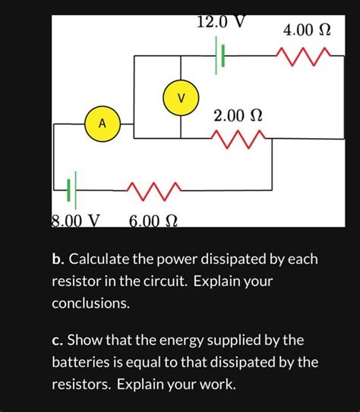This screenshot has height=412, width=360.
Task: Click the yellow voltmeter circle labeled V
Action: pyautogui.click(x=180, y=99)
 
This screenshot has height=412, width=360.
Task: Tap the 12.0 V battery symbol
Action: pyautogui.click(x=221, y=57)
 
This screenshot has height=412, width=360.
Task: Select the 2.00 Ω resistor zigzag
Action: pyautogui.click(x=238, y=138)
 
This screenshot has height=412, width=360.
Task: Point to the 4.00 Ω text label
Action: pyautogui.click(x=307, y=31)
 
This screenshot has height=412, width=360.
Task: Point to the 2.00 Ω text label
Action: pyautogui.click(x=238, y=116)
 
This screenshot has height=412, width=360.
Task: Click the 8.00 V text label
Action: pyautogui.click(x=75, y=221)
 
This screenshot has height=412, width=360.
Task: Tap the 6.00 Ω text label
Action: pyautogui.click(x=153, y=221)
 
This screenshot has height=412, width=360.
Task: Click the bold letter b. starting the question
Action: pyautogui.click(x=58, y=260)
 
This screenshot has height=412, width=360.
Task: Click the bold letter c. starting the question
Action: pyautogui.click(x=57, y=340)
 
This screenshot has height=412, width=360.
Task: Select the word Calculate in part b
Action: pyautogui.click(x=99, y=260)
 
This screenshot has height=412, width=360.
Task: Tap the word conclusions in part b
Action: pyautogui.click(x=90, y=303)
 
